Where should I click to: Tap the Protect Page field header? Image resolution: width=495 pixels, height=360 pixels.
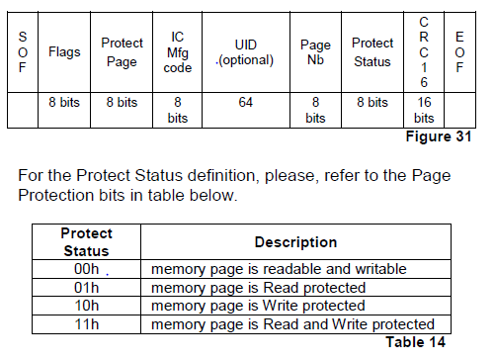point(122,51)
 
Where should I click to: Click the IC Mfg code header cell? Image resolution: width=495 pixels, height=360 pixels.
point(177,51)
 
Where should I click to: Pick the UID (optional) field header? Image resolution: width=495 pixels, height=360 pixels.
point(245,51)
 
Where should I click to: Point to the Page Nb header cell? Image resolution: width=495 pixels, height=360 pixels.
point(315,51)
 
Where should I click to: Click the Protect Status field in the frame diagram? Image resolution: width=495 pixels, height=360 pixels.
point(372,51)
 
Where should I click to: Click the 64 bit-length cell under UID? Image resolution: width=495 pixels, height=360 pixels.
point(245,102)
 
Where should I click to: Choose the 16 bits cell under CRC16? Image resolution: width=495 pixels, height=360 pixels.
point(423,110)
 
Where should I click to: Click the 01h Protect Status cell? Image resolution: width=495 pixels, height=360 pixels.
point(86,288)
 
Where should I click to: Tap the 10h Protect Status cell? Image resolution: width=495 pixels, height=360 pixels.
point(86,306)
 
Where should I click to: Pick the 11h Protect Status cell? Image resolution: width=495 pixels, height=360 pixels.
point(86,323)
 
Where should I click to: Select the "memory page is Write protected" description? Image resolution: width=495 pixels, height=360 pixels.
point(258,306)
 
